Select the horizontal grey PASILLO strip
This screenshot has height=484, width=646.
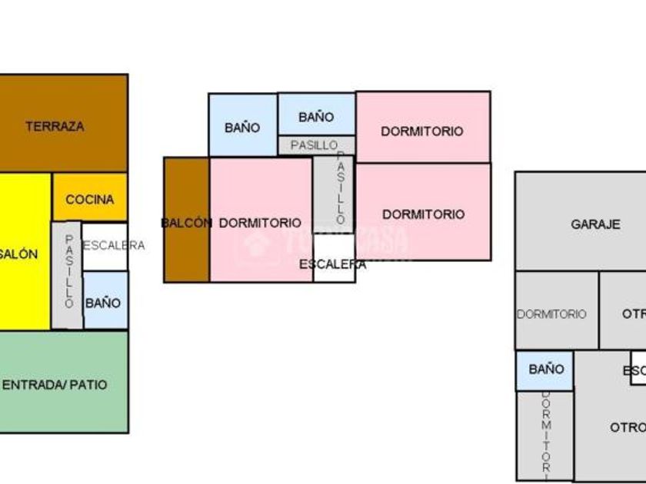pyautogui.click(x=315, y=145)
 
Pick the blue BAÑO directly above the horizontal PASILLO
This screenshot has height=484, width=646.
pyautogui.click(x=316, y=115)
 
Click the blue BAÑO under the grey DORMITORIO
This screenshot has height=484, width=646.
pyautogui.click(x=545, y=370)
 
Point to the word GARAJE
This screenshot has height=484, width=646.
pyautogui.click(x=595, y=224)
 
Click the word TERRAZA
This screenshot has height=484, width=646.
pyautogui.click(x=55, y=127)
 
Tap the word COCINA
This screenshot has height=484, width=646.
pyautogui.click(x=89, y=200)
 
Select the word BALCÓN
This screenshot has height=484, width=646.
pyautogui.click(x=186, y=223)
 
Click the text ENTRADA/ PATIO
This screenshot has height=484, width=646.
pyautogui.click(x=55, y=384)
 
